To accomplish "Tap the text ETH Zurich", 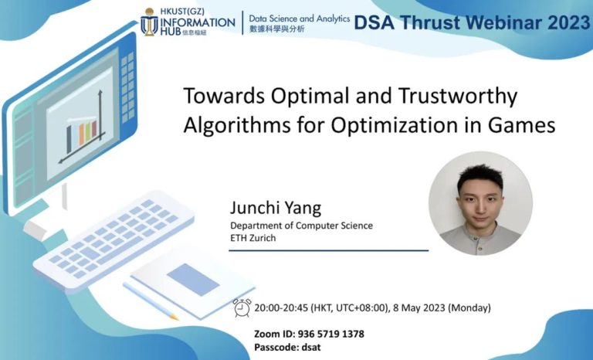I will point(253,237).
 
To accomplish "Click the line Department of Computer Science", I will point(301,225).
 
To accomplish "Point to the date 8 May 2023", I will point(435,307).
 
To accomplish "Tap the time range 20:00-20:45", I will point(280,307).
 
